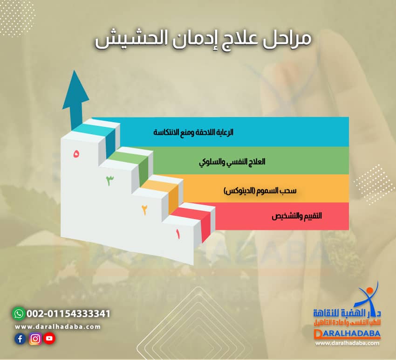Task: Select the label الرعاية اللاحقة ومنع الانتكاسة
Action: (x=193, y=132)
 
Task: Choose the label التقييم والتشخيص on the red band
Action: (x=297, y=216)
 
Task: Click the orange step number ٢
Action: (x=144, y=210)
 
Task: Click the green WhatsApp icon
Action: (x=18, y=313)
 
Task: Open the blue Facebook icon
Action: (x=20, y=339)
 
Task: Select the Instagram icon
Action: (x=35, y=339)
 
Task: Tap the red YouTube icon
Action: (x=49, y=339)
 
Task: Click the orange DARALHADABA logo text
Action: (x=348, y=334)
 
